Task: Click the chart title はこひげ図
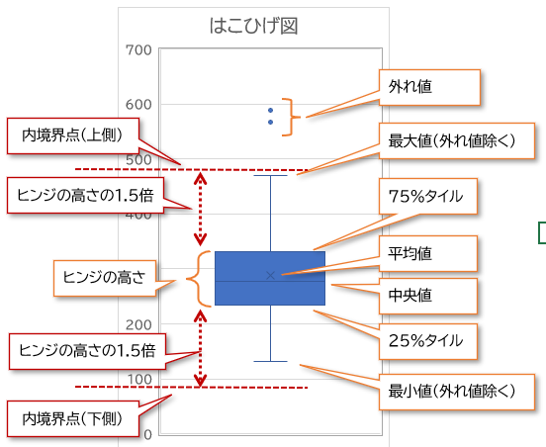point(253,26)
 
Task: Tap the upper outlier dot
point(271,111)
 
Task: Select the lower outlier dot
point(271,123)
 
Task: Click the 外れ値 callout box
point(429,87)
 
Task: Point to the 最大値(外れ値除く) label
point(457,141)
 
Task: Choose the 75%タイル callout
point(428,197)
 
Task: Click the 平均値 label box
point(428,253)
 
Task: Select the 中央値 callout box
point(428,296)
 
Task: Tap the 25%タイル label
point(428,341)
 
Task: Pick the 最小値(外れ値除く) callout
point(457,392)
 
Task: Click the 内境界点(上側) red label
point(73,135)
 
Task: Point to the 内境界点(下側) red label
point(73,418)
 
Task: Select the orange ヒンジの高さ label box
point(105,278)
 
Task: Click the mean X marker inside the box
point(271,275)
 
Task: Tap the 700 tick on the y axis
point(138,50)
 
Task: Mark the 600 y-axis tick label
point(138,105)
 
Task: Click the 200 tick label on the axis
point(138,324)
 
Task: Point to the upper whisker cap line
point(271,175)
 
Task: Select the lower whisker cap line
point(271,361)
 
